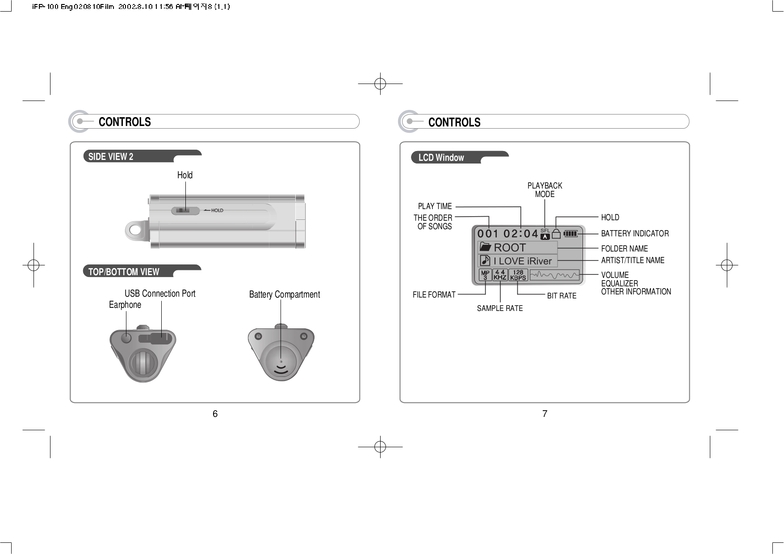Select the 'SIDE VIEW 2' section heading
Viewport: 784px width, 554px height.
(x=111, y=157)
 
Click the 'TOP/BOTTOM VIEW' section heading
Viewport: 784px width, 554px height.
(x=124, y=272)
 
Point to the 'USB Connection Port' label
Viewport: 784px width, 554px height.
(x=160, y=294)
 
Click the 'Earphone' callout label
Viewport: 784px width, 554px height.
(x=125, y=305)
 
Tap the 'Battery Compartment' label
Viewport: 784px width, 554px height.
(x=285, y=294)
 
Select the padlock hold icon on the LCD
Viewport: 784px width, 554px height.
(x=556, y=234)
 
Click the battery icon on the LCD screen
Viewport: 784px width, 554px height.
(x=570, y=233)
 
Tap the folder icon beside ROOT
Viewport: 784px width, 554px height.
(x=485, y=247)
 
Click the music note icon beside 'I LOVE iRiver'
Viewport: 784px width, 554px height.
(x=485, y=260)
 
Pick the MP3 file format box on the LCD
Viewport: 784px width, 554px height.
(x=485, y=275)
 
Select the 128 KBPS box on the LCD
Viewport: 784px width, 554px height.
(x=518, y=275)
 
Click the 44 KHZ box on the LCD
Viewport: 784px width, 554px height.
(x=500, y=275)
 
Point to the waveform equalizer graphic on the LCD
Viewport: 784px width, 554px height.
(x=554, y=275)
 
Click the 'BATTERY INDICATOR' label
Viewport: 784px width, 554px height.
(x=635, y=234)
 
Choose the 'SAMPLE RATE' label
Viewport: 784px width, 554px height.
(x=500, y=308)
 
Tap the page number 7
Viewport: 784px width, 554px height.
(x=545, y=414)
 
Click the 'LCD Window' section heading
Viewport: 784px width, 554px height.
(x=441, y=158)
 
